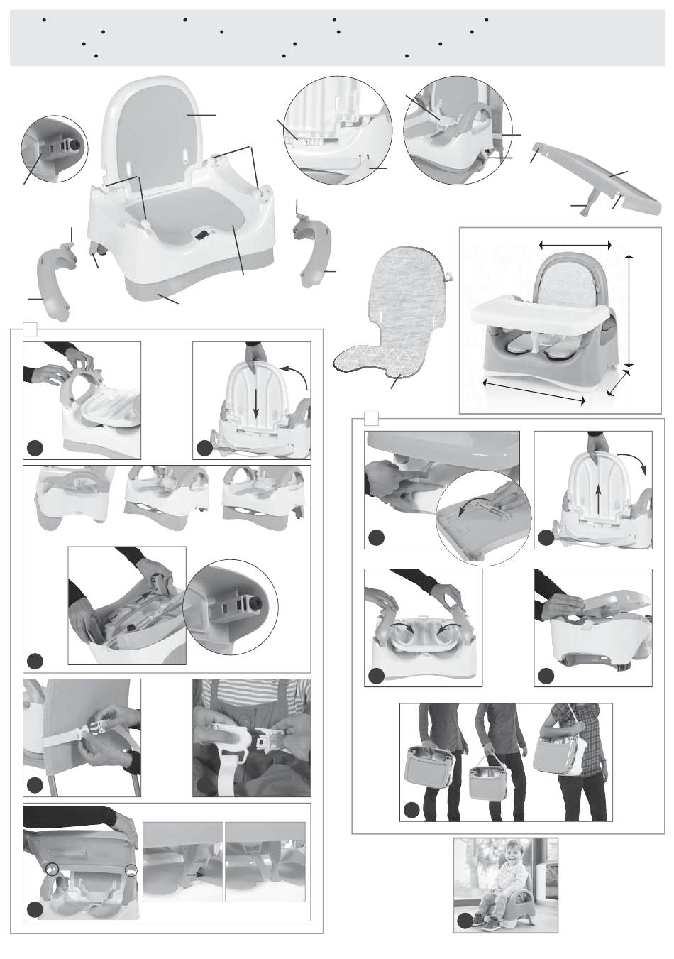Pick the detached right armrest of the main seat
[312, 251]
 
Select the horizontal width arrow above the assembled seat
[575, 244]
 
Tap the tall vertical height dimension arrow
[629, 309]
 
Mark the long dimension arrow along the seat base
[534, 392]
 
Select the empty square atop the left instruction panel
[30, 328]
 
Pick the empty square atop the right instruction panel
[370, 417]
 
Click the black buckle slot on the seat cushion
[204, 234]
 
